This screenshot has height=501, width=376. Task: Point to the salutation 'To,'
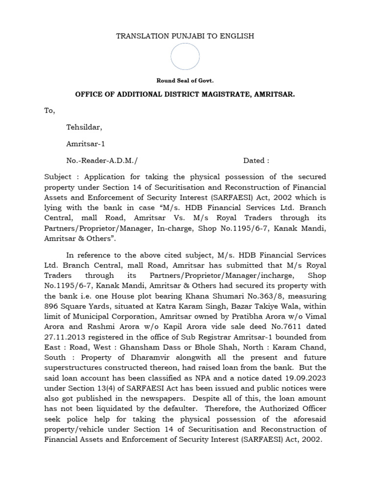(49, 111)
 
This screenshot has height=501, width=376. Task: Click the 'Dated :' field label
(256, 160)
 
